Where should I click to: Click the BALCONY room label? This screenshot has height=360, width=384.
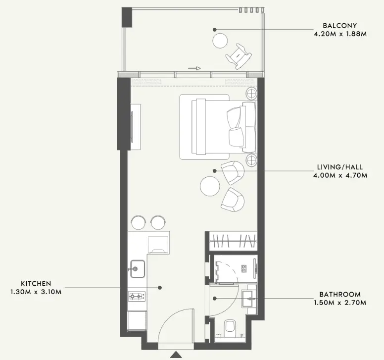[x=339, y=25]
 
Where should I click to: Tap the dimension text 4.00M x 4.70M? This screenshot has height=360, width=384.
[x=340, y=175]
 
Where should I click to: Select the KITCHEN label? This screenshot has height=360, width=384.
[x=36, y=284]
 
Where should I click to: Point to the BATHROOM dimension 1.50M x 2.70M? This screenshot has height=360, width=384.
[x=340, y=303]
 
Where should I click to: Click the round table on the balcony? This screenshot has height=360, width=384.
[x=220, y=41]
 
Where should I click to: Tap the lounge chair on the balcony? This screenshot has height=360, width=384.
[x=239, y=56]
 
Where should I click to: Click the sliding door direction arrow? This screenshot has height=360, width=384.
[x=194, y=68]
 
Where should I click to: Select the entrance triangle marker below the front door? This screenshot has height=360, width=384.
[x=176, y=355]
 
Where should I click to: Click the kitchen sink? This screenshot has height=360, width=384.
[x=137, y=269]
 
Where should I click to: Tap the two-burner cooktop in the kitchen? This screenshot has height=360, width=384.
[x=137, y=296]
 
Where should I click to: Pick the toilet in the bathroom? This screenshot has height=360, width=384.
[x=230, y=328]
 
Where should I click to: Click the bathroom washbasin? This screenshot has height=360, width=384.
[x=249, y=299]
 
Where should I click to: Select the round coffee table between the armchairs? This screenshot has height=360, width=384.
[x=210, y=186]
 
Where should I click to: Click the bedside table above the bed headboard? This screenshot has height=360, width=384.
[x=252, y=94]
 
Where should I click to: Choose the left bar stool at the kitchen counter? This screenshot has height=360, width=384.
[x=139, y=222]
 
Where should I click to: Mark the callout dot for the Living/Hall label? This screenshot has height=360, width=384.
[x=215, y=171]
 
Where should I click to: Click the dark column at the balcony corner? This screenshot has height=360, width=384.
[x=127, y=17]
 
